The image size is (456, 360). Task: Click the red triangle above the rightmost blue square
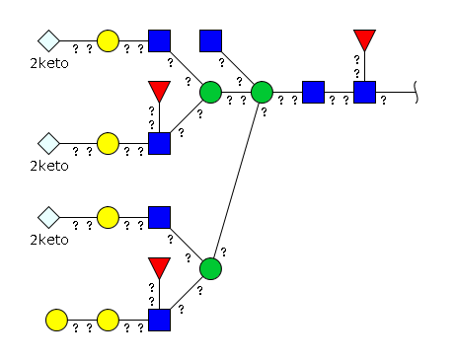click(364, 38)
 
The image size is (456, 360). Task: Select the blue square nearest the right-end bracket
click(364, 92)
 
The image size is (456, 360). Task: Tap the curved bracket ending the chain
click(416, 92)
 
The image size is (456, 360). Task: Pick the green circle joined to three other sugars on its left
click(262, 92)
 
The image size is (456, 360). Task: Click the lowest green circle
click(210, 268)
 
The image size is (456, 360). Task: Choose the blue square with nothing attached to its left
click(210, 40)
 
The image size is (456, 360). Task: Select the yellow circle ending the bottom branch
click(56, 320)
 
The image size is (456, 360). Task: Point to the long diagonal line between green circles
click(236, 180)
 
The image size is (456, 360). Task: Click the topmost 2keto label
click(49, 63)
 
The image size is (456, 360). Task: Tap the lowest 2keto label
click(49, 240)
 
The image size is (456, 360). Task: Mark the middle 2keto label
click(49, 166)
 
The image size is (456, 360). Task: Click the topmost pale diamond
click(48, 40)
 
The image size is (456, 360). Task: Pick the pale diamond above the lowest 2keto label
click(48, 217)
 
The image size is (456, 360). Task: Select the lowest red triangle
click(159, 266)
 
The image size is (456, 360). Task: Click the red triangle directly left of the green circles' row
click(159, 90)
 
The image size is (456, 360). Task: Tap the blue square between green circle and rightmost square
click(313, 92)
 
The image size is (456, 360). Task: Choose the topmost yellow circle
click(108, 40)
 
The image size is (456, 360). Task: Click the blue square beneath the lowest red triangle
click(159, 320)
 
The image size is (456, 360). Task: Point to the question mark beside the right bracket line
click(383, 101)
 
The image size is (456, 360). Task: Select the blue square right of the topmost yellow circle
click(159, 40)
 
